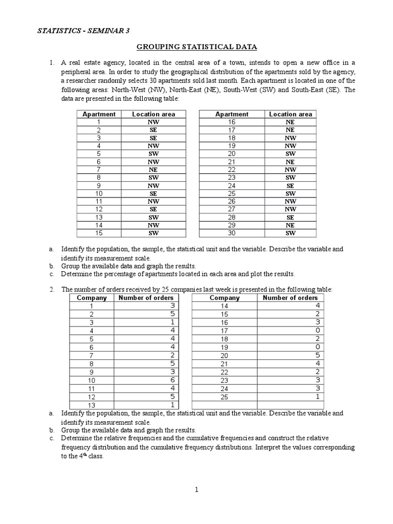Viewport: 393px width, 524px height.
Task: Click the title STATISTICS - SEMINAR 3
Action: pyautogui.click(x=83, y=31)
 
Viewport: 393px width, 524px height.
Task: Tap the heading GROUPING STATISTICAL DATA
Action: pyautogui.click(x=196, y=47)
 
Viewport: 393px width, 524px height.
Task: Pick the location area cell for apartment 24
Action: pyautogui.click(x=290, y=186)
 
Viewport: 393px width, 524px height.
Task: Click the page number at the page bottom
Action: pyautogui.click(x=196, y=490)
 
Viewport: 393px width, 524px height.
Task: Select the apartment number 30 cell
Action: pyautogui.click(x=232, y=233)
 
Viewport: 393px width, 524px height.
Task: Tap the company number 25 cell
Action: pyautogui.click(x=224, y=397)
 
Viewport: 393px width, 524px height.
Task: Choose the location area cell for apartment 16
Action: pyautogui.click(x=290, y=122)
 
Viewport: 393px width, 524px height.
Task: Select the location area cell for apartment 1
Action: pyautogui.click(x=153, y=122)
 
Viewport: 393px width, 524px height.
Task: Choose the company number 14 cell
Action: pyautogui.click(x=224, y=305)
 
